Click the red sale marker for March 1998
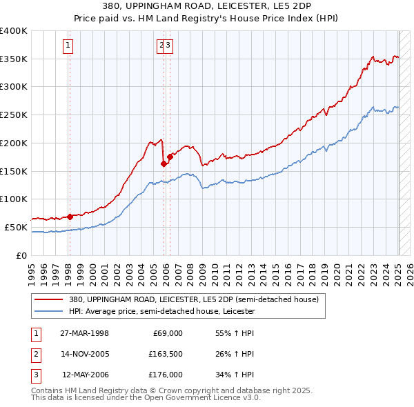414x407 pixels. (x=70, y=217)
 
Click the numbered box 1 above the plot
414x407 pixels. (x=69, y=46)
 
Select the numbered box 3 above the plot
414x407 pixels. (x=168, y=46)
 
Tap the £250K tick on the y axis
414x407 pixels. (x=14, y=115)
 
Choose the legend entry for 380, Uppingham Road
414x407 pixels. (x=194, y=300)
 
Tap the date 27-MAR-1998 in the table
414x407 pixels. (x=84, y=333)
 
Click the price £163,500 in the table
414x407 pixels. (x=166, y=354)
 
